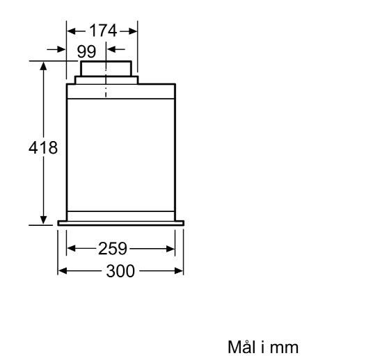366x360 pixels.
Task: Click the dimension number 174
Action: point(103,31)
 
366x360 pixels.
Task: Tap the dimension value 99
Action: point(86,51)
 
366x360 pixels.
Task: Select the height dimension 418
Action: point(43,147)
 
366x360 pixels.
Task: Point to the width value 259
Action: point(113,249)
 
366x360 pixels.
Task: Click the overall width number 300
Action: point(120,271)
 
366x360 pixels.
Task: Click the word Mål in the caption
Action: point(241,347)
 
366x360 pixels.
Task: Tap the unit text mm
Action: point(284,348)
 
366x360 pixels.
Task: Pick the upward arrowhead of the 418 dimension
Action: point(43,66)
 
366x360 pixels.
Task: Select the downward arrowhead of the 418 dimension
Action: point(43,220)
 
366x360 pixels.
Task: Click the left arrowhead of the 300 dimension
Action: point(63,271)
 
